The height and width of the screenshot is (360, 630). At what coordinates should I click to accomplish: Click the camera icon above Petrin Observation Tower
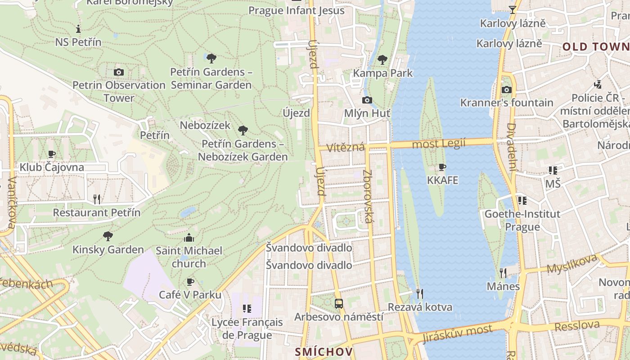(119, 72)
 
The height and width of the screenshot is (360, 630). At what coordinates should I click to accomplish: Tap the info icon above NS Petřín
(78, 29)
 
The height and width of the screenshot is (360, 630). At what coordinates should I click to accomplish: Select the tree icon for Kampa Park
(382, 59)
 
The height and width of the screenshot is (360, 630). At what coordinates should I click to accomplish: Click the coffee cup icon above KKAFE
(442, 167)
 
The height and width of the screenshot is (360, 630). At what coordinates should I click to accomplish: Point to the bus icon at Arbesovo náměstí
(339, 304)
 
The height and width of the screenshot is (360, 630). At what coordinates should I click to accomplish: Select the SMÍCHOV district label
(324, 352)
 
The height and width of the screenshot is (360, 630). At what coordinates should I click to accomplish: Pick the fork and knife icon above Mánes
(503, 273)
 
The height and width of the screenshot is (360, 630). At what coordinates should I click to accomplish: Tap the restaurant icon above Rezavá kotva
(419, 294)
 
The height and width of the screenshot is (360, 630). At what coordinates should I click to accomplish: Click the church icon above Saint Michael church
(189, 237)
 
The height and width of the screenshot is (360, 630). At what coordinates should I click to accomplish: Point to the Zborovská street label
(368, 196)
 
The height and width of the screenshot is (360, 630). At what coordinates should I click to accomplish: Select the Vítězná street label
(345, 147)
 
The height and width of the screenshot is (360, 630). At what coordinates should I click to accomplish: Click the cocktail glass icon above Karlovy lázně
(512, 9)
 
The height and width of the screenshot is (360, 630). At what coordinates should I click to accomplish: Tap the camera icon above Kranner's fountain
(507, 90)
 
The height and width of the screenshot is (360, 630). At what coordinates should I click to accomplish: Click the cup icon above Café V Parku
(190, 282)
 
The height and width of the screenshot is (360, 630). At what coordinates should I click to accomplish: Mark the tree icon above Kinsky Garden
(108, 236)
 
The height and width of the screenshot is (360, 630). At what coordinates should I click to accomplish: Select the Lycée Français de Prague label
(247, 328)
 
